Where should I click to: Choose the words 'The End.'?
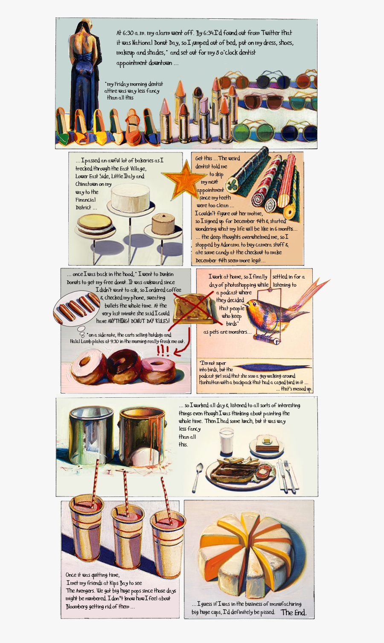click(293, 612)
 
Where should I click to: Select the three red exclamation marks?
click(163, 351)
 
